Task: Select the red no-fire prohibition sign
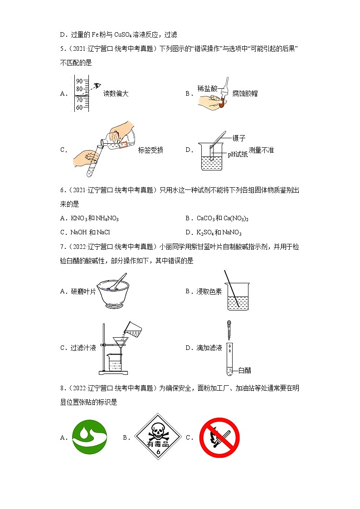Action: (219, 437)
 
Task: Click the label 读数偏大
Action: (116, 94)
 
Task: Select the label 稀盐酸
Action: (207, 88)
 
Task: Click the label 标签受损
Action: (151, 150)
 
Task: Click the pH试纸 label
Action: (238, 154)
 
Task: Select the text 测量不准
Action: (262, 150)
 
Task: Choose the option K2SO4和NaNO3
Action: (219, 233)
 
